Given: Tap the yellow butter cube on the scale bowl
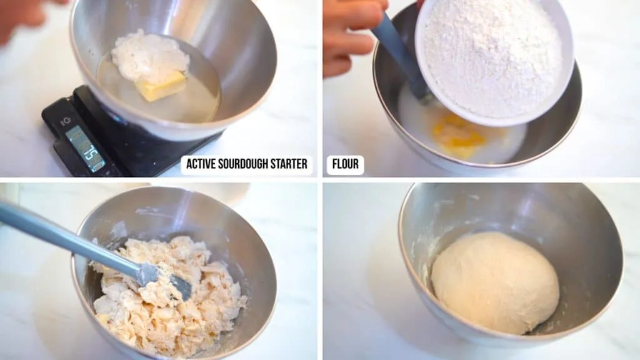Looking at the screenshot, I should (162, 86).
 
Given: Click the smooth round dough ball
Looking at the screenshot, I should (494, 282).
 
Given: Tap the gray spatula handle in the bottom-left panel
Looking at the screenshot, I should (62, 234).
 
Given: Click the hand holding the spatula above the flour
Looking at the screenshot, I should (350, 34).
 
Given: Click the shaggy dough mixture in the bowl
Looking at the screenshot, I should (169, 300).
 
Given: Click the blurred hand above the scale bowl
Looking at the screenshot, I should (25, 16).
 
